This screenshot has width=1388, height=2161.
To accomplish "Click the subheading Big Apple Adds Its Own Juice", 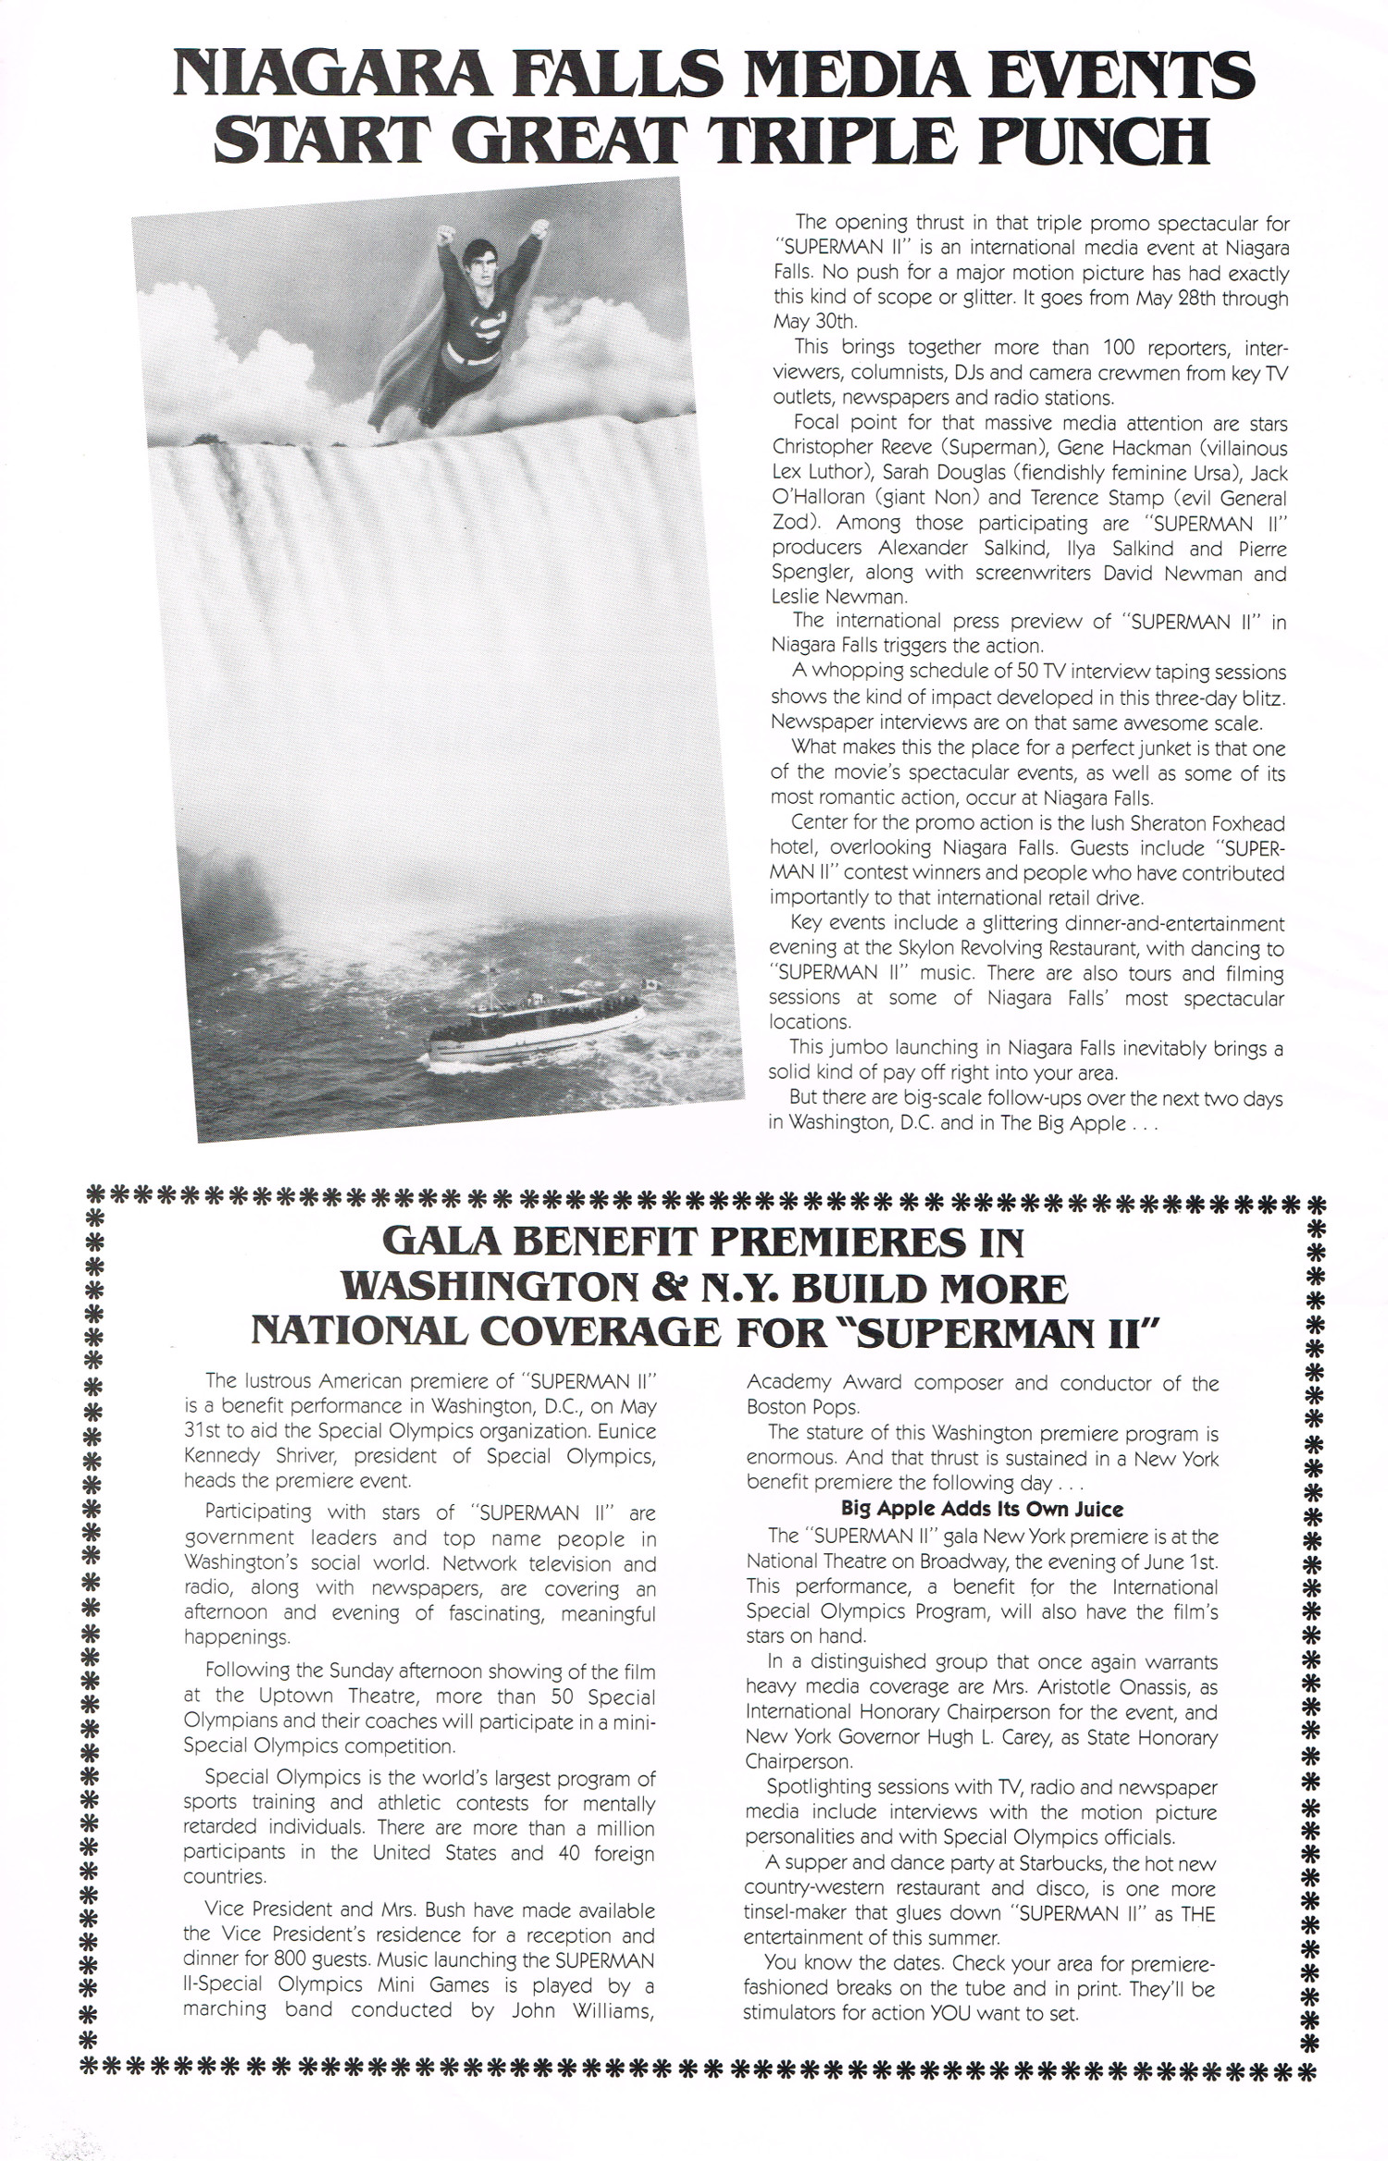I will click(x=982, y=1509).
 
